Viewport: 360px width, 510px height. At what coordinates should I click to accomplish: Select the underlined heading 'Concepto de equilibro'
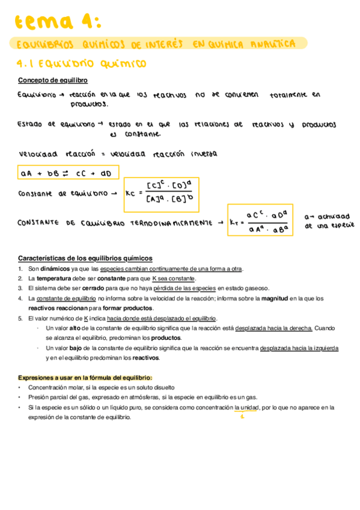tap(53, 80)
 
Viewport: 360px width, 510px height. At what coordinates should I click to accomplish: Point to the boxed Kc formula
tap(161, 194)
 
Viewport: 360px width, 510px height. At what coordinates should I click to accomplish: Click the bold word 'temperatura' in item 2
tap(55, 278)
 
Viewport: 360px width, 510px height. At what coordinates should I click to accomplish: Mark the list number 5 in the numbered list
tap(20, 318)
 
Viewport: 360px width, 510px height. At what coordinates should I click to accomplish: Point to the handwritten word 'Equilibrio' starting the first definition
tap(37, 95)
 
